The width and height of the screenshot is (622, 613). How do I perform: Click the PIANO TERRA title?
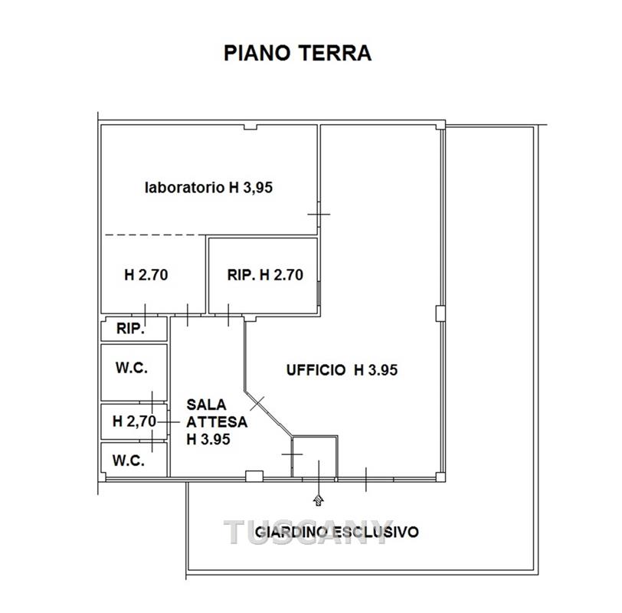(x=297, y=53)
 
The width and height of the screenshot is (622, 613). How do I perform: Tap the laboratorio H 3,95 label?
(x=208, y=187)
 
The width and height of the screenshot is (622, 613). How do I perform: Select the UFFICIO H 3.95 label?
(x=342, y=370)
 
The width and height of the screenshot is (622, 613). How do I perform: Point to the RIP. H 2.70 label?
(x=265, y=275)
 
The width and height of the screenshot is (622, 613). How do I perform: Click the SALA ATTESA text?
(x=217, y=413)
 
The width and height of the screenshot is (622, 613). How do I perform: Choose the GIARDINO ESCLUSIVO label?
(x=336, y=532)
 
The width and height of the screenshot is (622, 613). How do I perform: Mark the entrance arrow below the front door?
(x=318, y=500)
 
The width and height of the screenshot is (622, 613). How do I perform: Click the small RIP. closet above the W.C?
(x=134, y=329)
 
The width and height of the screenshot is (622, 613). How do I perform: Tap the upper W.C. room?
(x=134, y=372)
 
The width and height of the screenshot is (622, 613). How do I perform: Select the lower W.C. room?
(x=134, y=460)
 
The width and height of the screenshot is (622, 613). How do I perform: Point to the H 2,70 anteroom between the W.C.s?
(x=134, y=421)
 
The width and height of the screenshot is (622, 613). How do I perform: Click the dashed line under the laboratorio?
(x=155, y=235)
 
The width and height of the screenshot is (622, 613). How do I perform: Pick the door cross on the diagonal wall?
(x=257, y=403)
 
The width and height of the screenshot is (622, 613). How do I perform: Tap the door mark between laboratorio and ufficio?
(x=319, y=215)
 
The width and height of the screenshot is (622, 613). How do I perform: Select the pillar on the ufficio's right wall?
(x=440, y=313)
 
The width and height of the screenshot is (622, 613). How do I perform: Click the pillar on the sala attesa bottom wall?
(x=254, y=476)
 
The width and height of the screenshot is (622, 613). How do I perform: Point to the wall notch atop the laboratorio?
(x=250, y=127)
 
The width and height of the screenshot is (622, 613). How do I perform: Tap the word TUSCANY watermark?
(x=309, y=532)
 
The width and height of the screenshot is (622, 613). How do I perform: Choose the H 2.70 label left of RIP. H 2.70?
(x=146, y=275)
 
